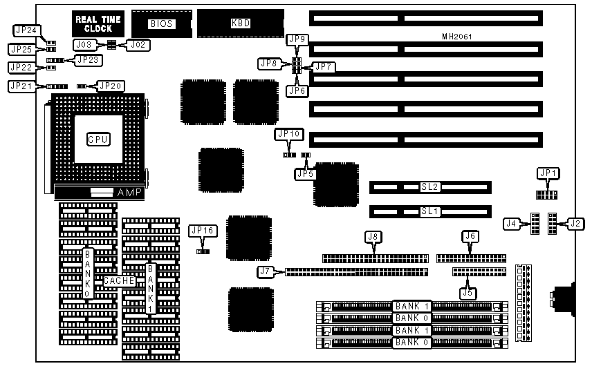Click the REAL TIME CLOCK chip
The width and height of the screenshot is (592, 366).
tap(98, 23)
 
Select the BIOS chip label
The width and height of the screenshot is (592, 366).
tap(160, 24)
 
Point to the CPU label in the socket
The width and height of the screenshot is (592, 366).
tap(98, 139)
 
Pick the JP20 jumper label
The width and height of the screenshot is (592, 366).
tap(111, 86)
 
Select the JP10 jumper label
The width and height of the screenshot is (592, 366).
tap(288, 134)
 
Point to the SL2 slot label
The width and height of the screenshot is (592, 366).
tap(429, 187)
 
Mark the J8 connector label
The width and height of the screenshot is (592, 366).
tap(373, 237)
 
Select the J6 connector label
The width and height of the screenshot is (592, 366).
tap(470, 237)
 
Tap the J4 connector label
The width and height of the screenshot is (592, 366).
tap(512, 223)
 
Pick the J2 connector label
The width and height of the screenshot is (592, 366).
tap(575, 223)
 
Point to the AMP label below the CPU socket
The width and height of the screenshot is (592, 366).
tap(130, 193)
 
